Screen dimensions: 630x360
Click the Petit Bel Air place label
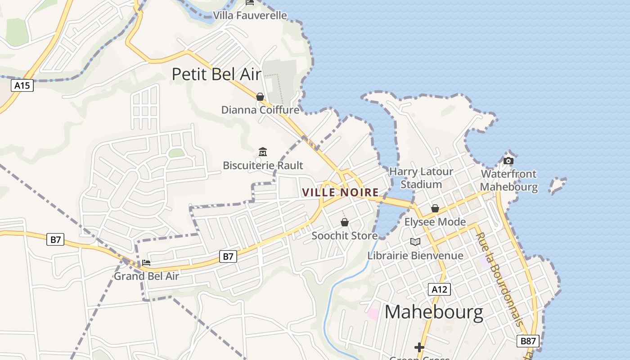click(x=216, y=74)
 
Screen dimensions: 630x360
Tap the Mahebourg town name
click(x=434, y=312)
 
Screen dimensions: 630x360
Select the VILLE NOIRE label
click(x=341, y=193)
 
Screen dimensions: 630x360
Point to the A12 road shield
click(x=439, y=289)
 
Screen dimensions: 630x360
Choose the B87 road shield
click(x=527, y=341)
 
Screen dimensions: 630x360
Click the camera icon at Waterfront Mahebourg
click(x=508, y=161)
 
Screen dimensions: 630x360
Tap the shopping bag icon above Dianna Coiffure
click(x=260, y=97)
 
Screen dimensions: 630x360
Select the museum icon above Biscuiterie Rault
click(x=263, y=152)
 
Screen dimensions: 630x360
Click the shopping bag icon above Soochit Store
click(x=345, y=222)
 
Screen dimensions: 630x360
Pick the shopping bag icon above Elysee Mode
click(x=435, y=208)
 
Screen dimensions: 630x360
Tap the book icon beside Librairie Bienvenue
click(x=415, y=242)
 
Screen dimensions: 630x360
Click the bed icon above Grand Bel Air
click(x=146, y=263)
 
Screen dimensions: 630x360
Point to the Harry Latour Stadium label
click(x=421, y=178)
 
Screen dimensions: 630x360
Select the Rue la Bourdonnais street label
click(x=499, y=279)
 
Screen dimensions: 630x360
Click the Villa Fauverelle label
click(x=250, y=15)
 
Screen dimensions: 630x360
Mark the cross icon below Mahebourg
click(x=419, y=347)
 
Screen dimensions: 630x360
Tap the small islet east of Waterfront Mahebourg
click(x=558, y=184)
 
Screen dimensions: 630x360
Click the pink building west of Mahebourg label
click(x=373, y=314)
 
